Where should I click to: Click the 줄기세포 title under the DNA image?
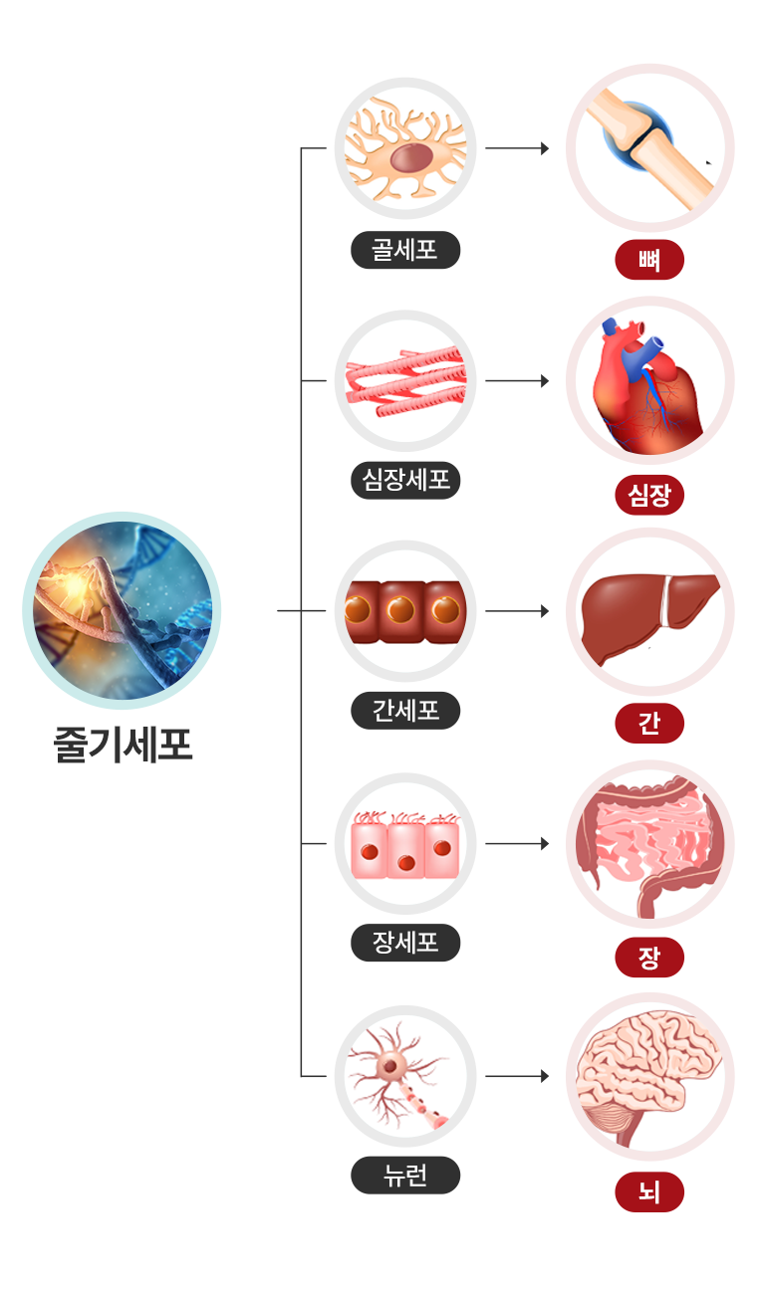[122, 745]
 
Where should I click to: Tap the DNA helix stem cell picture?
[122, 610]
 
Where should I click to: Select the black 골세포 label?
[405, 249]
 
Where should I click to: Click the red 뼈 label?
[649, 261]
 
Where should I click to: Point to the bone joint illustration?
[650, 147]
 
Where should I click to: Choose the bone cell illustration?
[405, 148]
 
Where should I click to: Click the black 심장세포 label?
[405, 481]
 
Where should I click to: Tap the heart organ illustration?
[650, 380]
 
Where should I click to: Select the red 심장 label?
[649, 495]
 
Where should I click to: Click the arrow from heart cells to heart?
[517, 380]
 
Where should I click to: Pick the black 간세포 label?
[405, 711]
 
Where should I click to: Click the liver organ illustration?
[650, 611]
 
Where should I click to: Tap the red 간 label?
[649, 724]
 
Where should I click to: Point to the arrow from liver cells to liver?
[517, 611]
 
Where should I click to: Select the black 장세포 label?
[405, 942]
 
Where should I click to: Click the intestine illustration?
[650, 844]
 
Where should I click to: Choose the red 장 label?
[649, 958]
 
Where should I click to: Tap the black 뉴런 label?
[405, 1175]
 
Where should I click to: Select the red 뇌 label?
[649, 1191]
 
